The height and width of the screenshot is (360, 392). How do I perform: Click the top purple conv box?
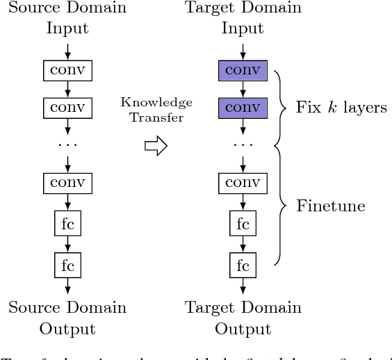(x=243, y=70)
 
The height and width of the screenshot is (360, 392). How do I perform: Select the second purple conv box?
(x=243, y=108)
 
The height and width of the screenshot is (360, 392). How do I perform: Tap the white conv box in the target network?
(x=243, y=183)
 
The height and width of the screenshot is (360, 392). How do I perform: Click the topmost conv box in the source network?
(x=67, y=70)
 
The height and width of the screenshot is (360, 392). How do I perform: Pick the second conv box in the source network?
(x=67, y=108)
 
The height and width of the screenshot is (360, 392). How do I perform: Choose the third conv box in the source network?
(x=67, y=183)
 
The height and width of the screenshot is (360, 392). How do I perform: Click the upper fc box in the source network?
(x=67, y=224)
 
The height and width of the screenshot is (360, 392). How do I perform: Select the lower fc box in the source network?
(x=67, y=265)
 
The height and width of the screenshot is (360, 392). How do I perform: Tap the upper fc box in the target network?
(x=243, y=224)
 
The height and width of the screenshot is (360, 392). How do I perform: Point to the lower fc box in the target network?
(x=243, y=265)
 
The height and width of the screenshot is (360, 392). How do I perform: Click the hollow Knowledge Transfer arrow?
(x=156, y=146)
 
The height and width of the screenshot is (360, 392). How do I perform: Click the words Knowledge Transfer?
(x=156, y=110)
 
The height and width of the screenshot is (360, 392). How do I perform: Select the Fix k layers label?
(x=341, y=108)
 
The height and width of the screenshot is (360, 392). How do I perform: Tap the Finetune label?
(x=331, y=206)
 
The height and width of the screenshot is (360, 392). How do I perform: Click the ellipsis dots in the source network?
(x=67, y=145)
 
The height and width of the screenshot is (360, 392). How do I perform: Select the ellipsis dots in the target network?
(x=243, y=145)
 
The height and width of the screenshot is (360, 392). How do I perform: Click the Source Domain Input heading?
(x=67, y=19)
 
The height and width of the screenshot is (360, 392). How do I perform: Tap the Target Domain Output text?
(x=243, y=318)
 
